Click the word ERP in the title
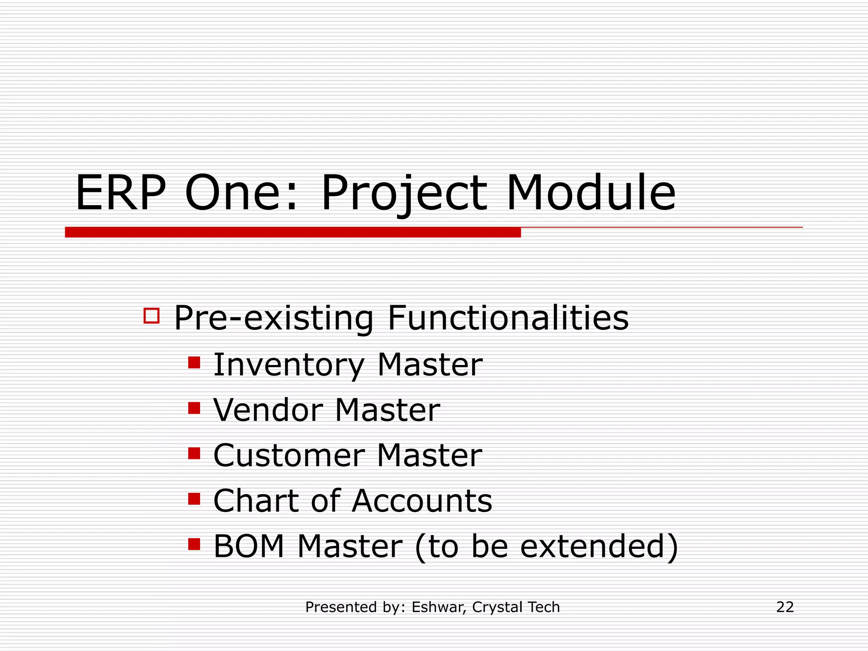click(120, 194)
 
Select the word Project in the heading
click(404, 195)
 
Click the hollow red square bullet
click(151, 316)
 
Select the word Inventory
click(288, 365)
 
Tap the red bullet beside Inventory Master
click(194, 363)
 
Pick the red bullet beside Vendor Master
click(194, 408)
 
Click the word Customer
click(288, 456)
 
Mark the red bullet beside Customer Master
click(194, 453)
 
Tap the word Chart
click(255, 501)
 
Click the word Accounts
click(422, 501)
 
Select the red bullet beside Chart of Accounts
click(194, 499)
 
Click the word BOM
click(248, 546)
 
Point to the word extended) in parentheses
click(599, 547)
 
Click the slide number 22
click(785, 607)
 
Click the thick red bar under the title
click(292, 232)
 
